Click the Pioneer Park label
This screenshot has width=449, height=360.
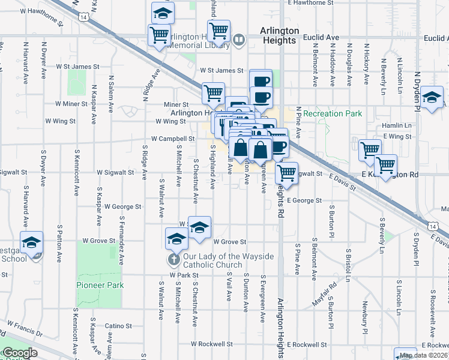pos(100,285)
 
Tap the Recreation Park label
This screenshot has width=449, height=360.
pos(332,113)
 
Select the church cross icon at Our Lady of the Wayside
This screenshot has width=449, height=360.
pos(173,259)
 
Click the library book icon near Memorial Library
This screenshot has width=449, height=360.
pos(239,40)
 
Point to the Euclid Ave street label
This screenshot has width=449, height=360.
pos(322,37)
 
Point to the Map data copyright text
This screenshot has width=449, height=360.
pos(423,355)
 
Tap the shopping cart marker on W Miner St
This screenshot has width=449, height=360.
pos(213,93)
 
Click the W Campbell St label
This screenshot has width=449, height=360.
pos(173,139)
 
